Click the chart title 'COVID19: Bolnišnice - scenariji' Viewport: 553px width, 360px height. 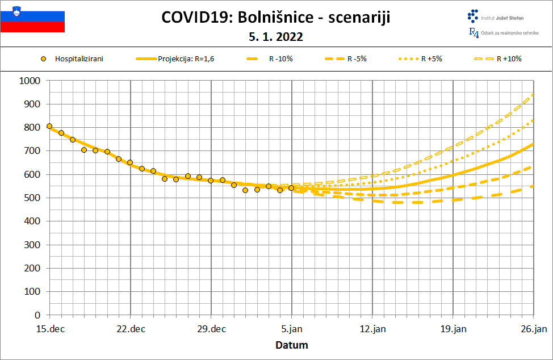pos(276,17)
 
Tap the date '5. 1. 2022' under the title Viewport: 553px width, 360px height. pos(276,37)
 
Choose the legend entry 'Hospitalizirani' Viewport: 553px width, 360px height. pos(79,58)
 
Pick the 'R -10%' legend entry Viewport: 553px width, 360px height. pos(280,58)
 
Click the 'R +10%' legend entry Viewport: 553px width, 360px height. pos(509,58)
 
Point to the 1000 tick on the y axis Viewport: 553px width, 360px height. pos(30,81)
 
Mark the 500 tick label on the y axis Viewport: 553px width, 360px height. pos(32,198)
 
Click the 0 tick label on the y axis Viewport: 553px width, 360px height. pos(37,315)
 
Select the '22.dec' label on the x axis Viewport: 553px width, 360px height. pos(130,329)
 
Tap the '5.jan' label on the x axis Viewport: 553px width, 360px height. pos(292,329)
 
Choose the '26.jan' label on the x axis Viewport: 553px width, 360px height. pos(534,329)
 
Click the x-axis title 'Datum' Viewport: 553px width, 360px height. pos(292,345)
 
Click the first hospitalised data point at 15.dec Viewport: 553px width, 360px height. pos(49,126)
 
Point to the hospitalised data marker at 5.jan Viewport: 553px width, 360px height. pos(291,188)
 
